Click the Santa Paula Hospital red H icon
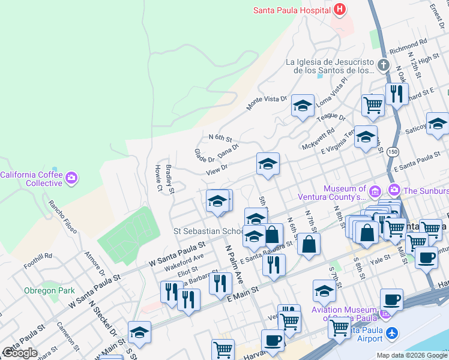click(340, 10)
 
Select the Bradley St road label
click(170, 179)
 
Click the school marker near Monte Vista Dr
click(303, 106)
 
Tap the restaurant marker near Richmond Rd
click(396, 94)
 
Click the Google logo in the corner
click(20, 352)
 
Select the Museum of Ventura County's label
click(345, 193)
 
